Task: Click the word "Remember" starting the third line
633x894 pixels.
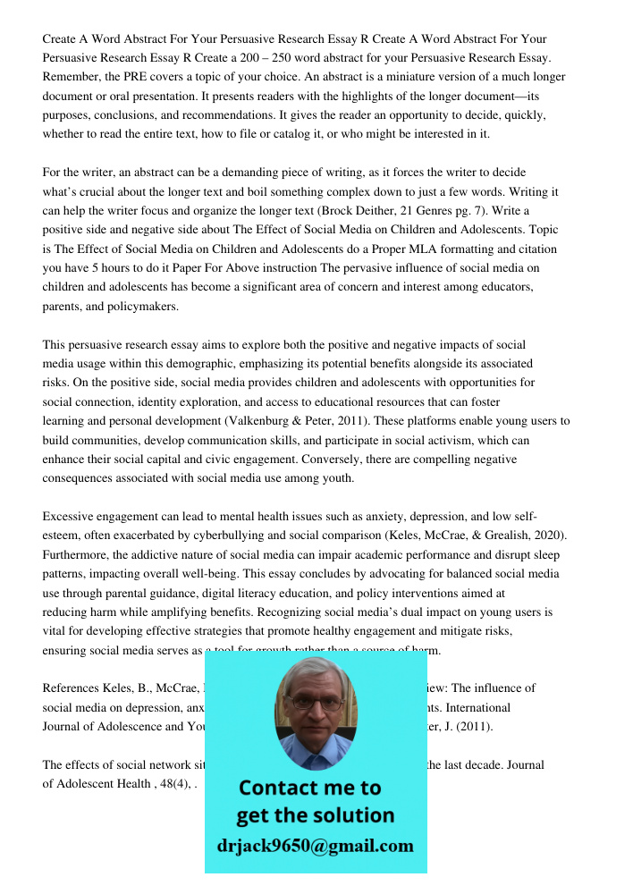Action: click(72, 77)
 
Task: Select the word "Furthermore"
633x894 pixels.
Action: click(78, 555)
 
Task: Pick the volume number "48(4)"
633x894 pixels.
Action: click(173, 784)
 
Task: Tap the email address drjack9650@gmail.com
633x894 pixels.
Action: click(315, 846)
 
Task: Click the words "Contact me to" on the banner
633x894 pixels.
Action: click(309, 788)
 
